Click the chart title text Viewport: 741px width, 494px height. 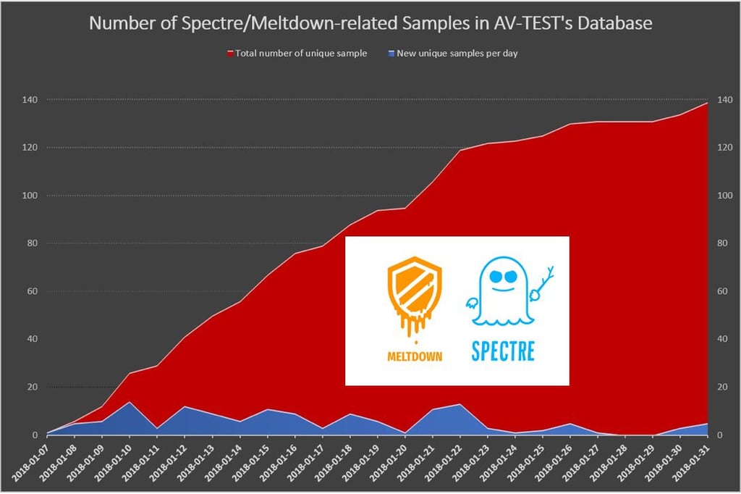(370, 23)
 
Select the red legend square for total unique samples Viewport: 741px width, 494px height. (231, 54)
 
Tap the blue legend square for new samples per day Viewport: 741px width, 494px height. (391, 54)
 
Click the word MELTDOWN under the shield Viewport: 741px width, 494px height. (415, 356)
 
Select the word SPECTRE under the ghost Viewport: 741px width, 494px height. (503, 351)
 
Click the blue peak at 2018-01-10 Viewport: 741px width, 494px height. (130, 403)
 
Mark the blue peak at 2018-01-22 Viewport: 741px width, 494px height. (460, 405)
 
